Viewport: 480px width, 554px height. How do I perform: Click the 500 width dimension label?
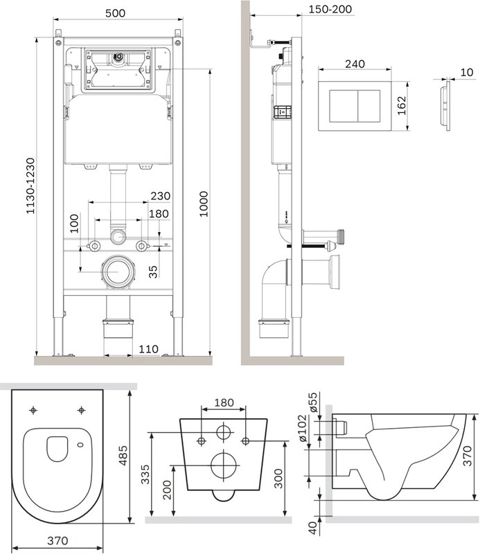(x=115, y=13)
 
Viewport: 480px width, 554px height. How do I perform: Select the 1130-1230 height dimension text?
(x=30, y=186)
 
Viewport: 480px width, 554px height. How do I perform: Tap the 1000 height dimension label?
(x=204, y=204)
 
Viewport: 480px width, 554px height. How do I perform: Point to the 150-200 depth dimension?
(x=330, y=9)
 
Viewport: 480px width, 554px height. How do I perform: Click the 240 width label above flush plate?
(x=355, y=64)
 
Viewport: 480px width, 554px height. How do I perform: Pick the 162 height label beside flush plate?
(x=402, y=106)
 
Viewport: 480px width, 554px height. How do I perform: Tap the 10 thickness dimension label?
(x=467, y=72)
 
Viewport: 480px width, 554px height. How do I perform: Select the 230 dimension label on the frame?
(x=160, y=196)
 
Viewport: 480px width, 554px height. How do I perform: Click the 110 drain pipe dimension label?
(x=148, y=349)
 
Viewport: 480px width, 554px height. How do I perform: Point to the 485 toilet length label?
(x=123, y=456)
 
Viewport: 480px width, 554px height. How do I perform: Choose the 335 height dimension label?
(x=145, y=474)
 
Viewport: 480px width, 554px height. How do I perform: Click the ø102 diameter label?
(x=303, y=428)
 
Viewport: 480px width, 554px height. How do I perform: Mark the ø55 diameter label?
(x=313, y=402)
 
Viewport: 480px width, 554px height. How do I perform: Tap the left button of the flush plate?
(x=344, y=106)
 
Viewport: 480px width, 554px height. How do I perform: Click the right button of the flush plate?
(x=369, y=106)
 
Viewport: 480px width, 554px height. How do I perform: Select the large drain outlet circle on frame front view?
(x=118, y=271)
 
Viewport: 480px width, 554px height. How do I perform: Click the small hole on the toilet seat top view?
(x=80, y=445)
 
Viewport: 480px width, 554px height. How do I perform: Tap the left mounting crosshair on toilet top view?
(x=33, y=410)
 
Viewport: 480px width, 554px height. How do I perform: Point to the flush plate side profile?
(x=445, y=106)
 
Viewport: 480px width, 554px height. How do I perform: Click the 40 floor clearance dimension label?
(x=313, y=527)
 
